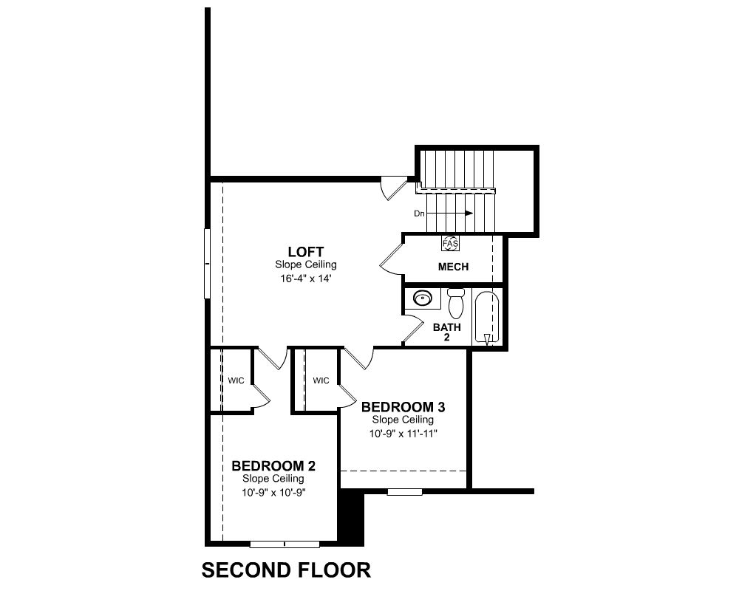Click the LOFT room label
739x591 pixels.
(306, 252)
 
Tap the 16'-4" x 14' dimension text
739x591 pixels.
(306, 279)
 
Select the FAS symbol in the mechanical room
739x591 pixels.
(450, 243)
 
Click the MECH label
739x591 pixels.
(454, 267)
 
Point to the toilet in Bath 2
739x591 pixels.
(456, 303)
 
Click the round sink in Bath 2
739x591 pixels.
(422, 298)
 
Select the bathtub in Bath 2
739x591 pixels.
(487, 317)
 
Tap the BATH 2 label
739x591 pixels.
(447, 332)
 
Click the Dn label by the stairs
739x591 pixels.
(420, 213)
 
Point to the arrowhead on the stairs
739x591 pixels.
(469, 213)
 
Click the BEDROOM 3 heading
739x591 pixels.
(403, 407)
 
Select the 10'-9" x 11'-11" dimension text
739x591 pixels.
(403, 434)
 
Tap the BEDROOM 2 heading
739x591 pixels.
(273, 466)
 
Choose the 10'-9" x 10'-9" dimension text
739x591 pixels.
(273, 493)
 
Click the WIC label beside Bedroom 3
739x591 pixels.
(321, 380)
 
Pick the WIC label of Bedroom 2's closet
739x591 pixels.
(236, 380)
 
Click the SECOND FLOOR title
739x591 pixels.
(286, 570)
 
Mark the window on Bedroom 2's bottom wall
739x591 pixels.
(285, 544)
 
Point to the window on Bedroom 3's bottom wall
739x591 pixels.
(405, 492)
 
